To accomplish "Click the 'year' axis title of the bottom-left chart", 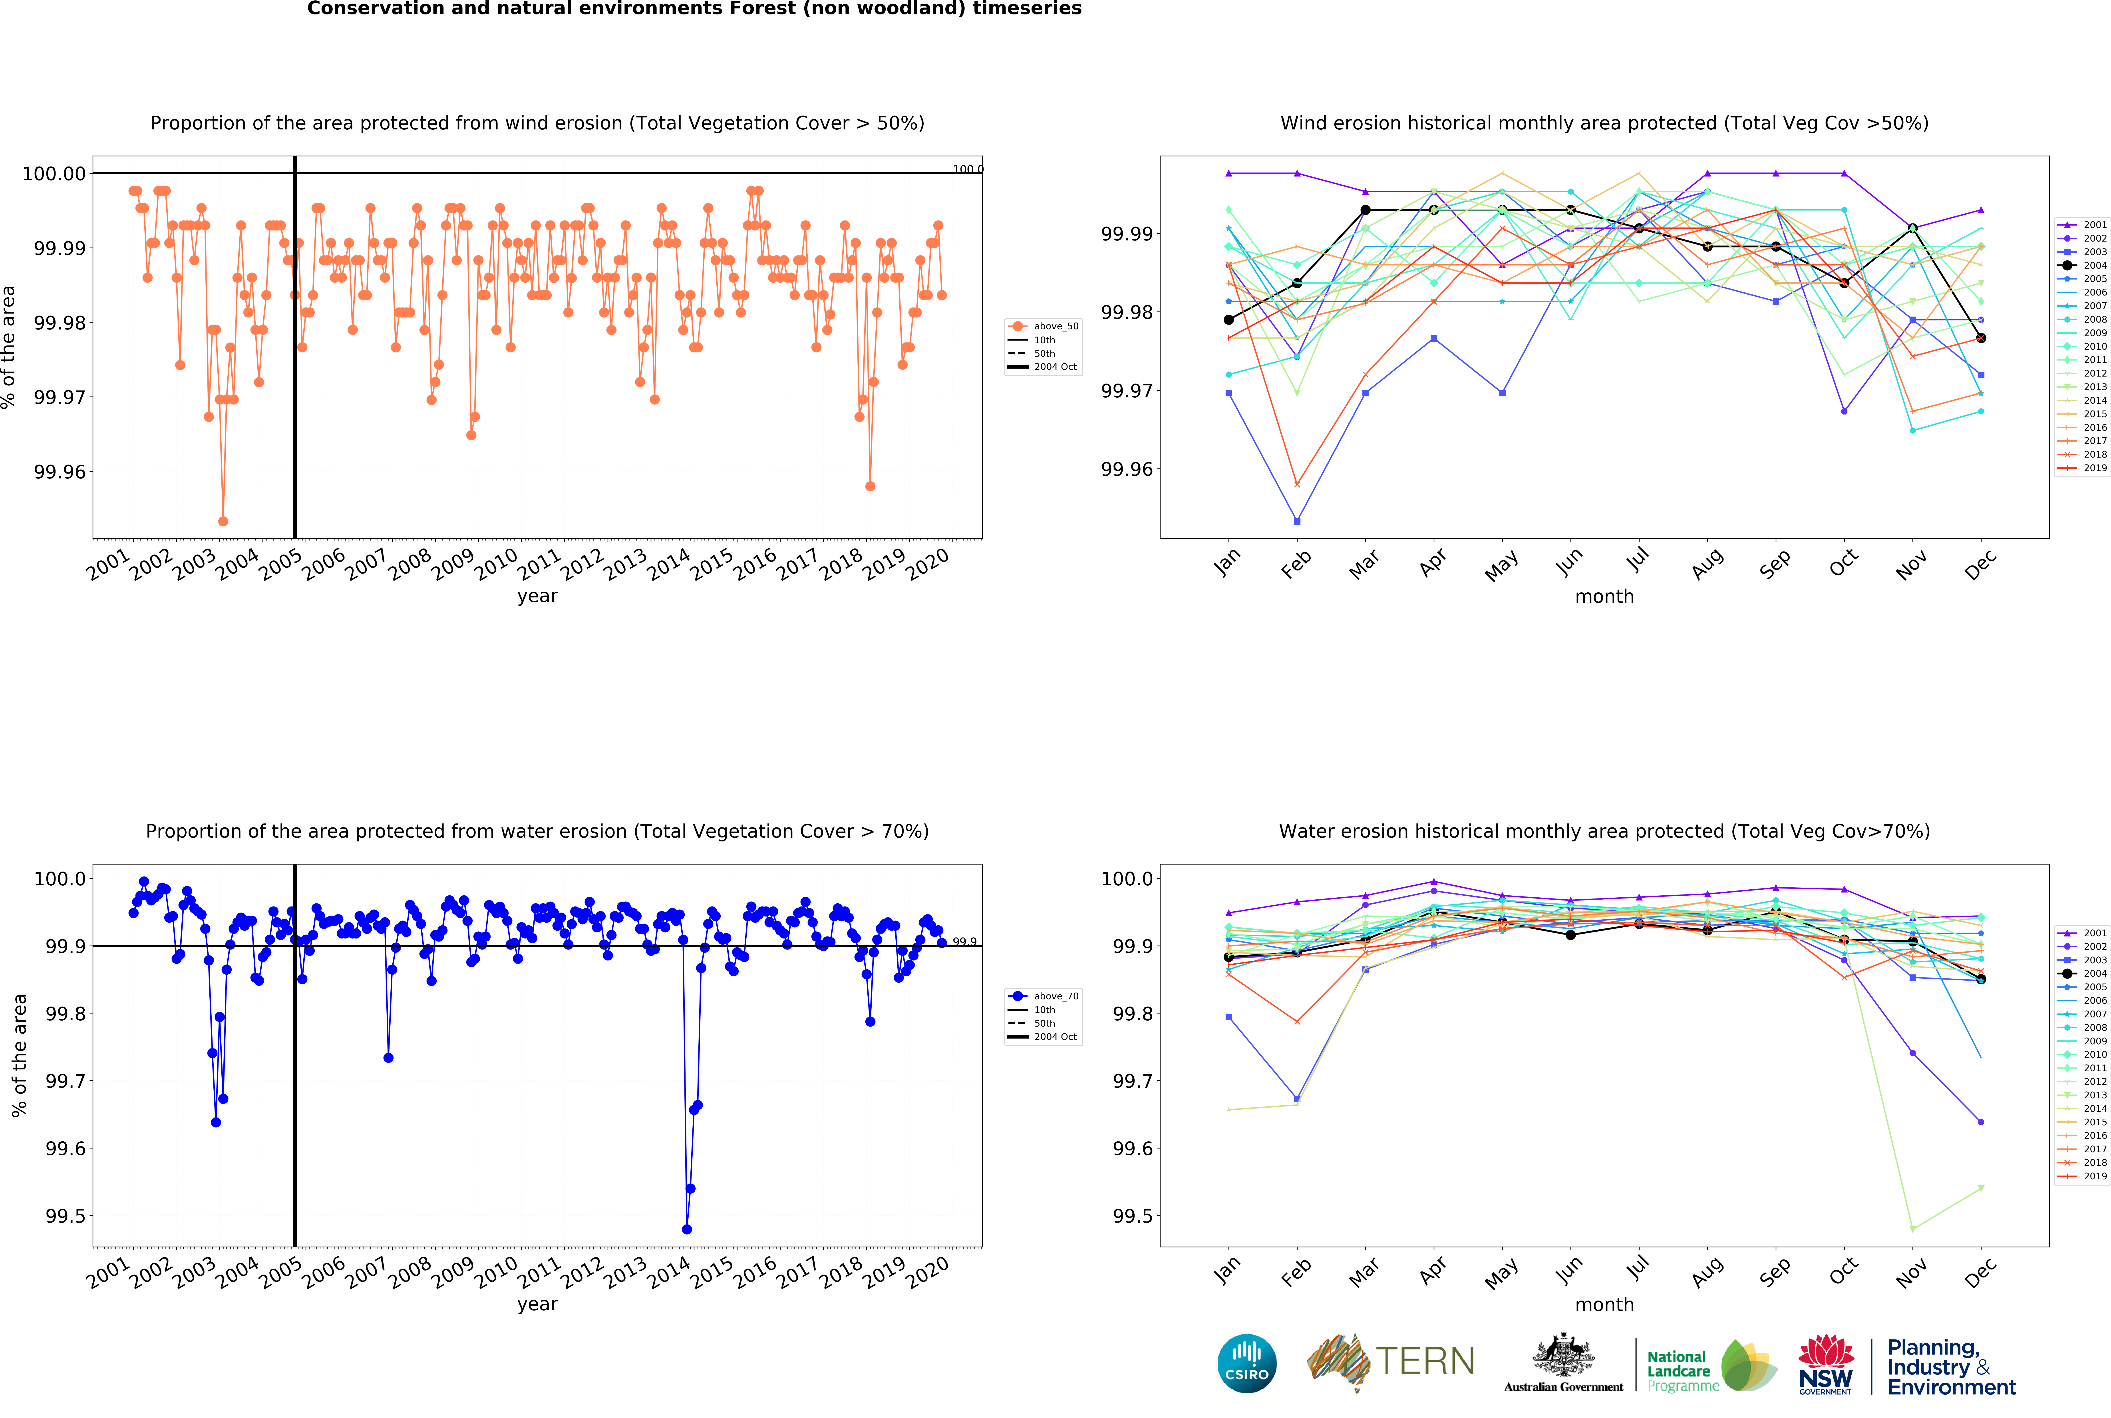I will tap(537, 1304).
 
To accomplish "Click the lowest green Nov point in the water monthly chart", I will tap(1912, 1229).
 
